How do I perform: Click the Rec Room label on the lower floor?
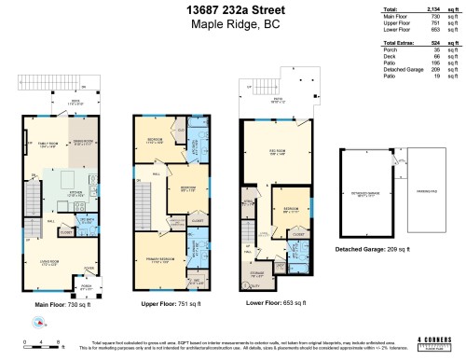click(x=279, y=155)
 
